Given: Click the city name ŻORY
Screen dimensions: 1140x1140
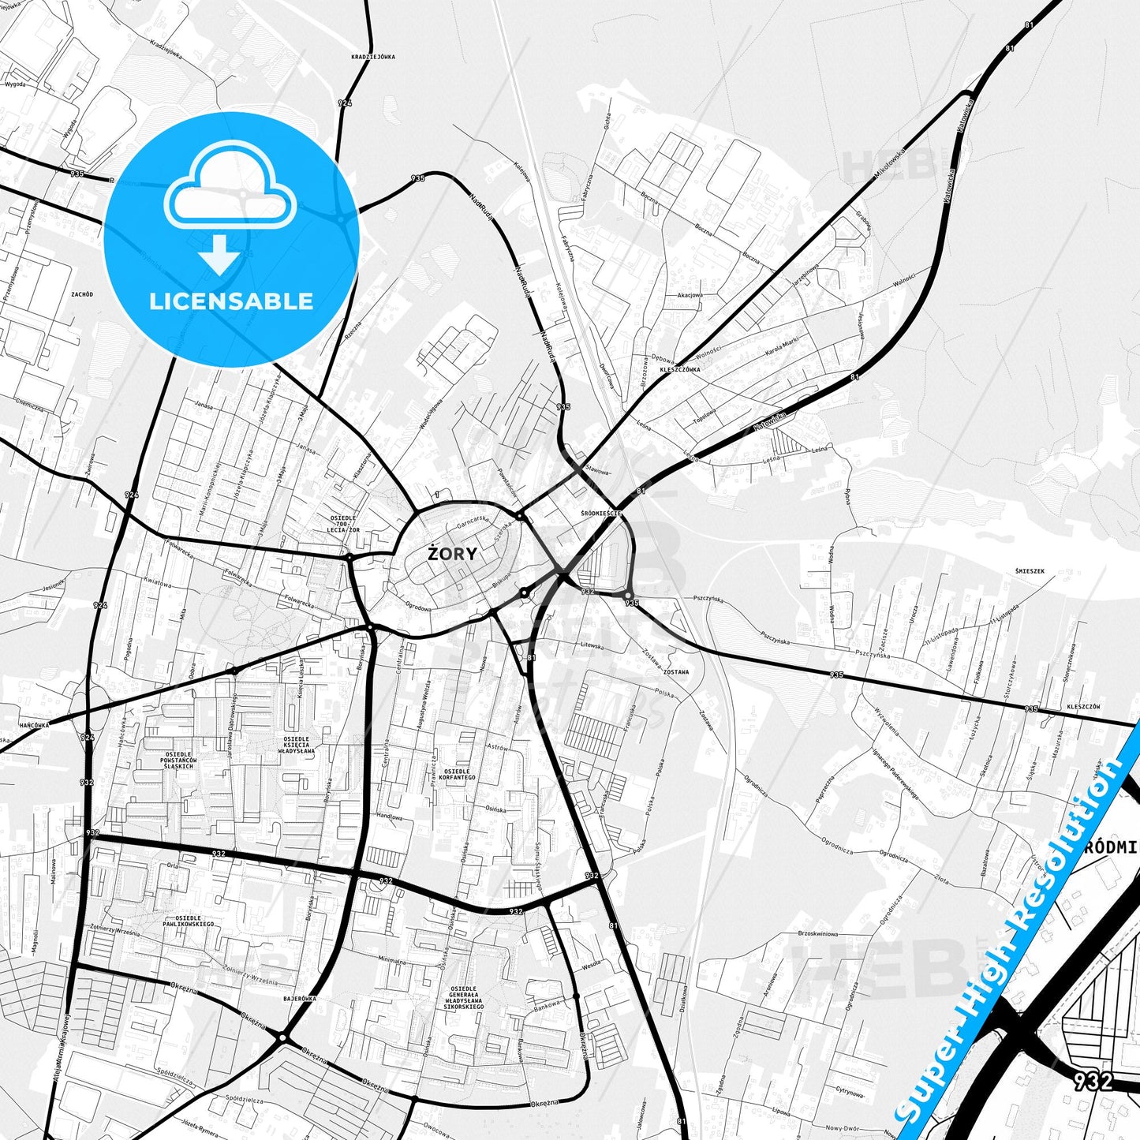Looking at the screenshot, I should (452, 554).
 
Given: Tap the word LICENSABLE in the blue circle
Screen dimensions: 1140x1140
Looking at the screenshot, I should (231, 301).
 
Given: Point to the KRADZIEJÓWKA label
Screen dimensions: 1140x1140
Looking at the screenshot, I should (373, 57).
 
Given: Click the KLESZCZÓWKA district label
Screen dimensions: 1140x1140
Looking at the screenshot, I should (679, 368).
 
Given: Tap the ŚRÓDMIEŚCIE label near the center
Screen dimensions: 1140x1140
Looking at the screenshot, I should (601, 513).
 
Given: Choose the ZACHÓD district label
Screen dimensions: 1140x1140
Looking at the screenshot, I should (81, 294).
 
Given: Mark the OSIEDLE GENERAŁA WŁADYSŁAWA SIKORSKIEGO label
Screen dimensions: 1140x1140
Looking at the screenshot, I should (463, 998).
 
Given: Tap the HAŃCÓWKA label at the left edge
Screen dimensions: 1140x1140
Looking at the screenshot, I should (34, 724).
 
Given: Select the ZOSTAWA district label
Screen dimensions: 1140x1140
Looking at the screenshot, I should (675, 672).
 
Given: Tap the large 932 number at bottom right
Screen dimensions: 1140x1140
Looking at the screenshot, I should (1093, 1080).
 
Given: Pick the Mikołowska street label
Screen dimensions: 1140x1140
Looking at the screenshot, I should (890, 167).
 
